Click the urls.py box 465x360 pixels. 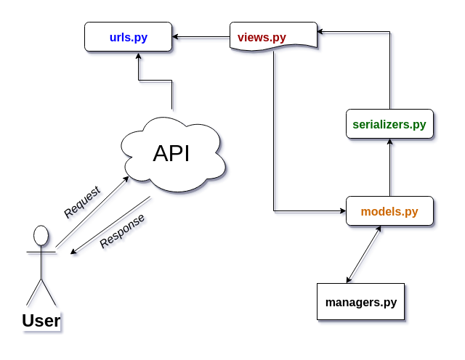coord(128,36)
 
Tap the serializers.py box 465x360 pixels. coord(389,123)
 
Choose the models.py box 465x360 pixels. coord(389,211)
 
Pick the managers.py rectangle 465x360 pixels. coord(360,301)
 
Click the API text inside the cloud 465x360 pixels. coord(171,153)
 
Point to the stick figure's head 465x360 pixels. coord(41,235)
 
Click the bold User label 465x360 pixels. coord(41,320)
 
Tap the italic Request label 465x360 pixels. coord(82,202)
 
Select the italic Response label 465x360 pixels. coord(122,231)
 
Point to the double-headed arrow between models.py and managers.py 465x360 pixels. coord(363,255)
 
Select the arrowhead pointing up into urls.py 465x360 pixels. coord(138,56)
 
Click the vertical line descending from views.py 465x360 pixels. coord(274,131)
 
